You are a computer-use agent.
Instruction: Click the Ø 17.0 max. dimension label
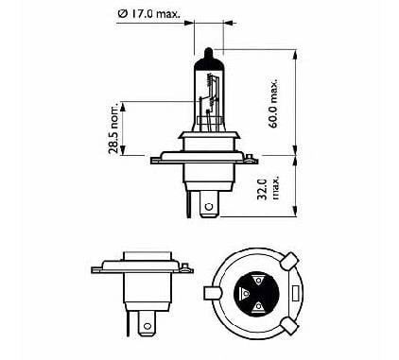[x=149, y=14]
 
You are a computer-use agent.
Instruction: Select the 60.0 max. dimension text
[x=273, y=103]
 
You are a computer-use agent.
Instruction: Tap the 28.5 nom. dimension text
[x=113, y=128]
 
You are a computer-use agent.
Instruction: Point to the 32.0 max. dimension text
[x=268, y=189]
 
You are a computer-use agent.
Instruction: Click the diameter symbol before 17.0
[x=122, y=14]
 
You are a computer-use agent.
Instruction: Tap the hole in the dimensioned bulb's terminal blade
[x=209, y=207]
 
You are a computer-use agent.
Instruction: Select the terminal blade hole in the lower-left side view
[x=147, y=326]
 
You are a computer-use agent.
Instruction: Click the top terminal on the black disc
[x=258, y=280]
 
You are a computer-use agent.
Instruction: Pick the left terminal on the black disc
[x=244, y=293]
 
